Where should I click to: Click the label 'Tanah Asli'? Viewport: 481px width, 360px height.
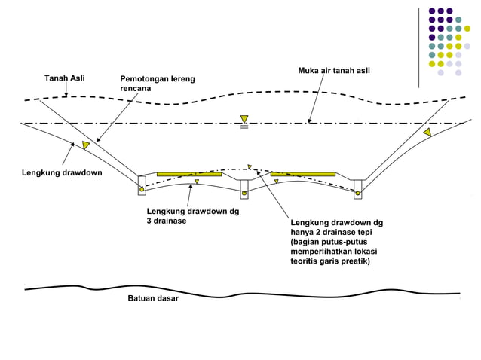click(x=65, y=78)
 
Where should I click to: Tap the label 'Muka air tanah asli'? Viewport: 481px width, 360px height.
click(x=334, y=71)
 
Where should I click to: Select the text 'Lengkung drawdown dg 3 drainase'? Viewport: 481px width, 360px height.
click(x=192, y=216)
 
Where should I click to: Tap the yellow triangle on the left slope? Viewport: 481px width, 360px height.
click(x=87, y=143)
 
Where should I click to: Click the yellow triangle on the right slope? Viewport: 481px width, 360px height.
click(x=427, y=133)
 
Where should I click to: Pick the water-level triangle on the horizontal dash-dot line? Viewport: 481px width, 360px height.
click(x=244, y=119)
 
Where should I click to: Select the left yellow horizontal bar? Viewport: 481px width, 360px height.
click(x=188, y=174)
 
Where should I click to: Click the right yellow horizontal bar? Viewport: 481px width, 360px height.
click(x=302, y=174)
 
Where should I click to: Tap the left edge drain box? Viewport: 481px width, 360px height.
click(x=142, y=186)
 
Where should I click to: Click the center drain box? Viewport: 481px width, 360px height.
click(x=244, y=189)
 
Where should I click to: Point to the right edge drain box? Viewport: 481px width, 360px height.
click(x=358, y=189)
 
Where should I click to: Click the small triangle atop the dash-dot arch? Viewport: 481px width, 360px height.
click(x=249, y=166)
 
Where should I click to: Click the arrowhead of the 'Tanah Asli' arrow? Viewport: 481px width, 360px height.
click(x=67, y=96)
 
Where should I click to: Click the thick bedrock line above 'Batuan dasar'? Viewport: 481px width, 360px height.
click(x=241, y=291)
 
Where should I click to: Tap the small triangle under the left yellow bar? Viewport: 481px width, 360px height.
click(x=196, y=182)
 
